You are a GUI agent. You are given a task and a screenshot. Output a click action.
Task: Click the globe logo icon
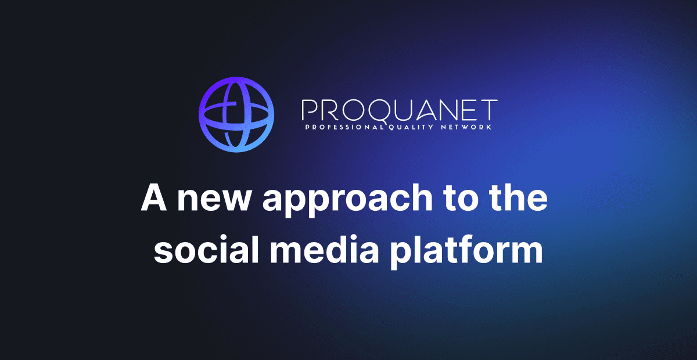pyautogui.click(x=236, y=114)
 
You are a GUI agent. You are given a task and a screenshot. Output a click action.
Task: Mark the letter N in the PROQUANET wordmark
pyautogui.click(x=451, y=110)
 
